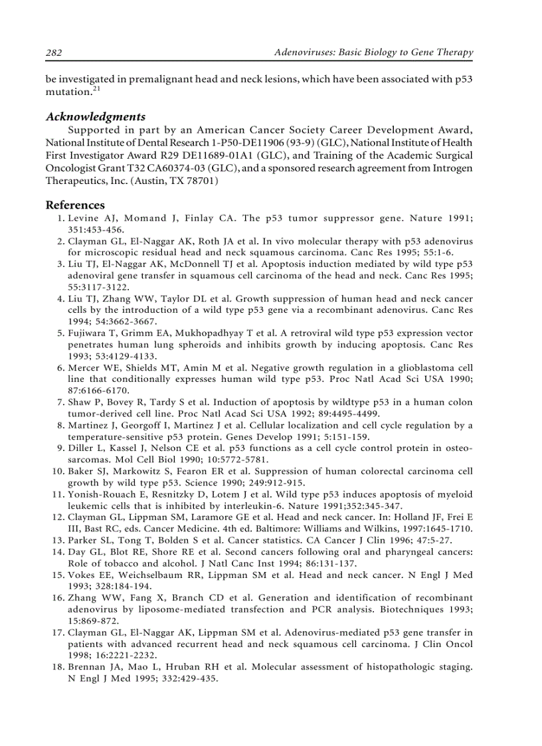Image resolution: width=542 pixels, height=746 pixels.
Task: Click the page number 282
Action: click(x=54, y=52)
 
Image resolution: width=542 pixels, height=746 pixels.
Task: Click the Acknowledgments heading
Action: click(x=96, y=117)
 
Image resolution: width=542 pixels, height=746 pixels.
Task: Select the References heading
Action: click(x=75, y=205)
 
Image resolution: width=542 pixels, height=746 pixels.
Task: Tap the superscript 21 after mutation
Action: click(x=96, y=89)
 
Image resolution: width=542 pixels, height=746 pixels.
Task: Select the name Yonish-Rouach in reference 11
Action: click(x=102, y=494)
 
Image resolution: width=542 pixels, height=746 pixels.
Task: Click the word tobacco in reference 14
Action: click(x=113, y=563)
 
